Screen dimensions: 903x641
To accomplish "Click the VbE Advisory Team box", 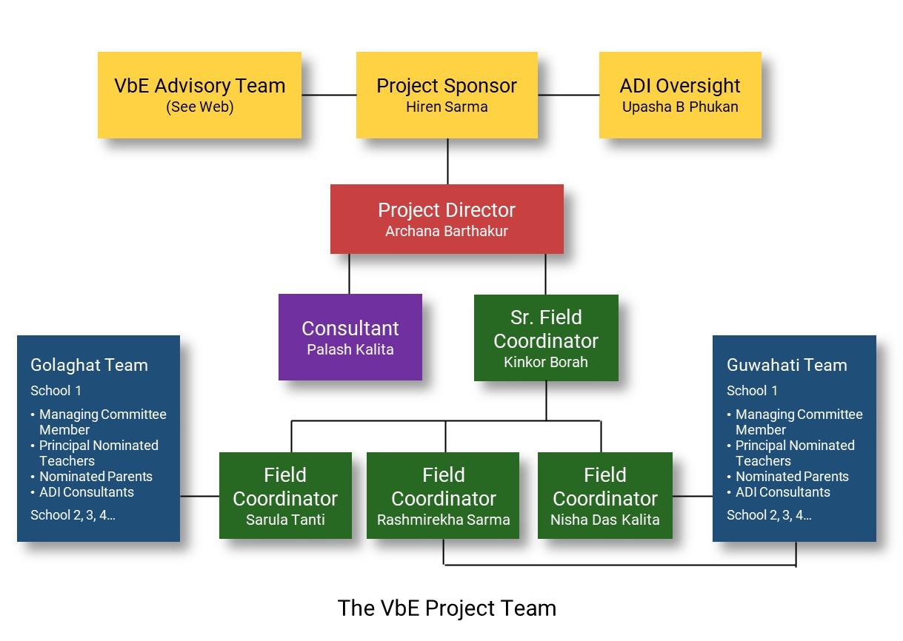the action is coord(199,95).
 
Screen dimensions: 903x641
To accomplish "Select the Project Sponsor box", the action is coord(447,95).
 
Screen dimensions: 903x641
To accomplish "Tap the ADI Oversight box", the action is coord(680,95).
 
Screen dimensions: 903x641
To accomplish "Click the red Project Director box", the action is coord(447,219).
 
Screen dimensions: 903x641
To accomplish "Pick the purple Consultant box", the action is coord(350,338).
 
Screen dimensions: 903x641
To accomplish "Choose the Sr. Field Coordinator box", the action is coord(546,338).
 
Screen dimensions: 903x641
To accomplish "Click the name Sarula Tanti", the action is coord(285,520).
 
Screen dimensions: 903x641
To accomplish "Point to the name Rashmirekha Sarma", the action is coord(444,520).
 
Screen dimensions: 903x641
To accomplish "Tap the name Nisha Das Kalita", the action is coord(605,520).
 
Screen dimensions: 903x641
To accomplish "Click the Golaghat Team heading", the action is coord(89,365).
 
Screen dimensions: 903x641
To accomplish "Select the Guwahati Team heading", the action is coord(787,365).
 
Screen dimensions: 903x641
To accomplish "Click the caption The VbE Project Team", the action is coord(447,608).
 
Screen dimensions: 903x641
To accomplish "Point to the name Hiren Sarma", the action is coord(447,107).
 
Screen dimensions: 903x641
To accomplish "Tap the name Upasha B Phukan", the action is coord(680,107).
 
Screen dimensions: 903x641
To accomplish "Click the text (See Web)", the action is coord(199,107).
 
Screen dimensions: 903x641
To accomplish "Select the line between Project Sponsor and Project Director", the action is coord(447,161).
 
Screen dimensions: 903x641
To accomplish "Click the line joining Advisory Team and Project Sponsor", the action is coord(329,95).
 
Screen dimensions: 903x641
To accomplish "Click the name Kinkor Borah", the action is coord(546,362).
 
